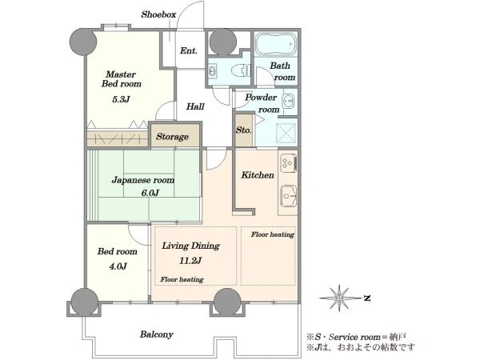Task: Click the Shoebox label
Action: pyautogui.click(x=158, y=14)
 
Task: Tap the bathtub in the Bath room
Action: pyautogui.click(x=276, y=45)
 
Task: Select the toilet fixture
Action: pyautogui.click(x=242, y=70)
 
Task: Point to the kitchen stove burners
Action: pyautogui.click(x=288, y=163)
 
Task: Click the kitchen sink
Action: pyautogui.click(x=288, y=196)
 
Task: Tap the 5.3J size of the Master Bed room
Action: pyautogui.click(x=121, y=99)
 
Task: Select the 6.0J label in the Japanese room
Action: pyautogui.click(x=150, y=193)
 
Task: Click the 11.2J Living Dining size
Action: pyautogui.click(x=190, y=261)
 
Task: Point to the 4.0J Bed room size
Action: pyautogui.click(x=118, y=266)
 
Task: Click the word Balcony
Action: pyautogui.click(x=157, y=334)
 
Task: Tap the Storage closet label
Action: pyautogui.click(x=172, y=137)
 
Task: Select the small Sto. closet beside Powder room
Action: pyautogui.click(x=244, y=130)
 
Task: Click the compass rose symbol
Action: pyautogui.click(x=339, y=298)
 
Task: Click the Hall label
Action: pyautogui.click(x=195, y=106)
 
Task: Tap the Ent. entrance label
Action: pyautogui.click(x=188, y=50)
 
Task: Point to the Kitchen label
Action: pyautogui.click(x=258, y=175)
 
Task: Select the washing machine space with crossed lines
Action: pyautogui.click(x=286, y=133)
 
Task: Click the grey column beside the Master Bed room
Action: pyautogui.click(x=83, y=42)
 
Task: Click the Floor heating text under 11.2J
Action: pyautogui.click(x=182, y=279)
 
